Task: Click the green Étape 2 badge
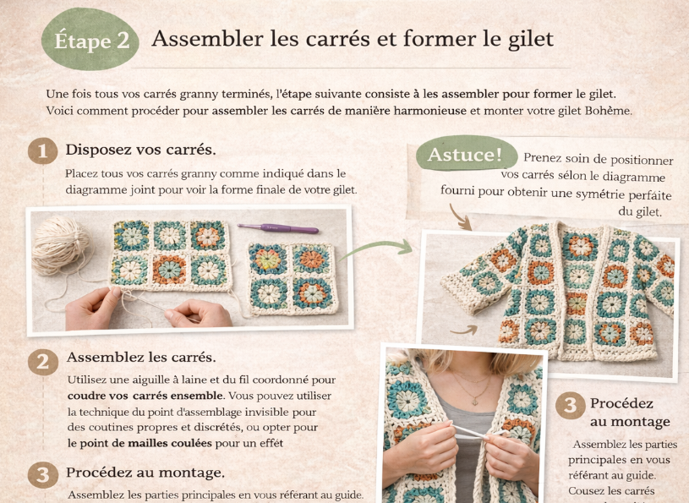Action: (90, 40)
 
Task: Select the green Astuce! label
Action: (466, 154)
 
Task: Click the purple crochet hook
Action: (277, 228)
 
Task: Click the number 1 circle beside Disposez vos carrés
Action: (42, 150)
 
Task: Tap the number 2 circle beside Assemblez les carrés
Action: (43, 362)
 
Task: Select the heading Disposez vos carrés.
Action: (140, 150)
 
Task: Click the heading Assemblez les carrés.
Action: (141, 357)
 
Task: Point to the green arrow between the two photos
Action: (375, 249)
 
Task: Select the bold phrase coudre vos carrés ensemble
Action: (145, 396)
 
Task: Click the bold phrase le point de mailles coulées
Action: (139, 443)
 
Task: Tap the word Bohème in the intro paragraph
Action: (608, 110)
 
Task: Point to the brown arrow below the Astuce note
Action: (460, 217)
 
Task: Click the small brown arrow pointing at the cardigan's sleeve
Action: (464, 330)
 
